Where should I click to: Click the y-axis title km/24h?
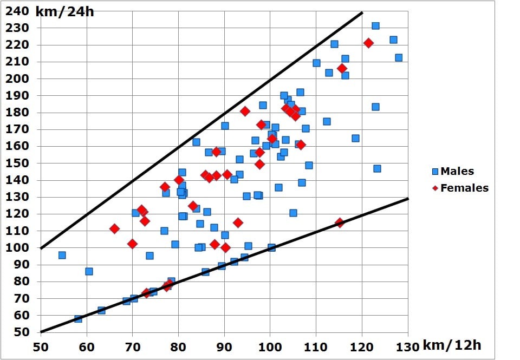click(64, 11)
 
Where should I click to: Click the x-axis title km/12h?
click(451, 345)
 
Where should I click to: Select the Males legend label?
click(457, 171)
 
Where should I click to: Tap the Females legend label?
click(464, 188)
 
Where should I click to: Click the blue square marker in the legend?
click(435, 172)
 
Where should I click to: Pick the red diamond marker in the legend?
click(435, 188)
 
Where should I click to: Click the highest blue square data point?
click(375, 26)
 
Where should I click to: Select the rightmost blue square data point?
click(399, 58)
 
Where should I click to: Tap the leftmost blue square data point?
click(62, 255)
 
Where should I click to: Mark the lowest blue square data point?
click(78, 319)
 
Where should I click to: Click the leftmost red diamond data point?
click(114, 229)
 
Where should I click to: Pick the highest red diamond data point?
click(368, 43)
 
